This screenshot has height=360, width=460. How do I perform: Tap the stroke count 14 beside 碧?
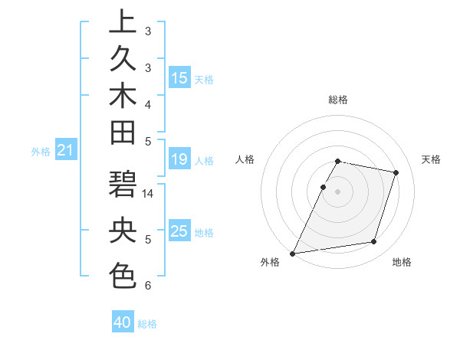coord(148,195)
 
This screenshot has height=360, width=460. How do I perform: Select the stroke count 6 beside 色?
coord(148,286)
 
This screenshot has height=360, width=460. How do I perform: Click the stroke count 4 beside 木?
coord(148,103)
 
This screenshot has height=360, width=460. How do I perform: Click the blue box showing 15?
coord(179,78)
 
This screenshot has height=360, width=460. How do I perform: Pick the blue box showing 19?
coord(179,160)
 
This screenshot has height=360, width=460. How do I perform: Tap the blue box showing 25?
coord(179,231)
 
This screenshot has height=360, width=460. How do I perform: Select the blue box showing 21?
coord(66,151)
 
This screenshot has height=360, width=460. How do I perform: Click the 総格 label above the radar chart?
coord(338,100)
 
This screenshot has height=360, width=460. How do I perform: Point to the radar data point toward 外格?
coord(293,253)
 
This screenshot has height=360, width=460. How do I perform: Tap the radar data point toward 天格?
coord(396,172)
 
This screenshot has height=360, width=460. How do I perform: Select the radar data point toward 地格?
coord(374,242)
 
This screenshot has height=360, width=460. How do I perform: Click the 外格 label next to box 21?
coord(41,152)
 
